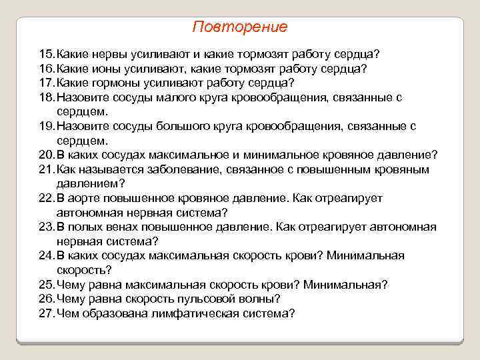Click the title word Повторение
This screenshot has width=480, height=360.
click(239, 27)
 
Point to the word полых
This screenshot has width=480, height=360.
click(83, 227)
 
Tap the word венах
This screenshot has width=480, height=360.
click(117, 227)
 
